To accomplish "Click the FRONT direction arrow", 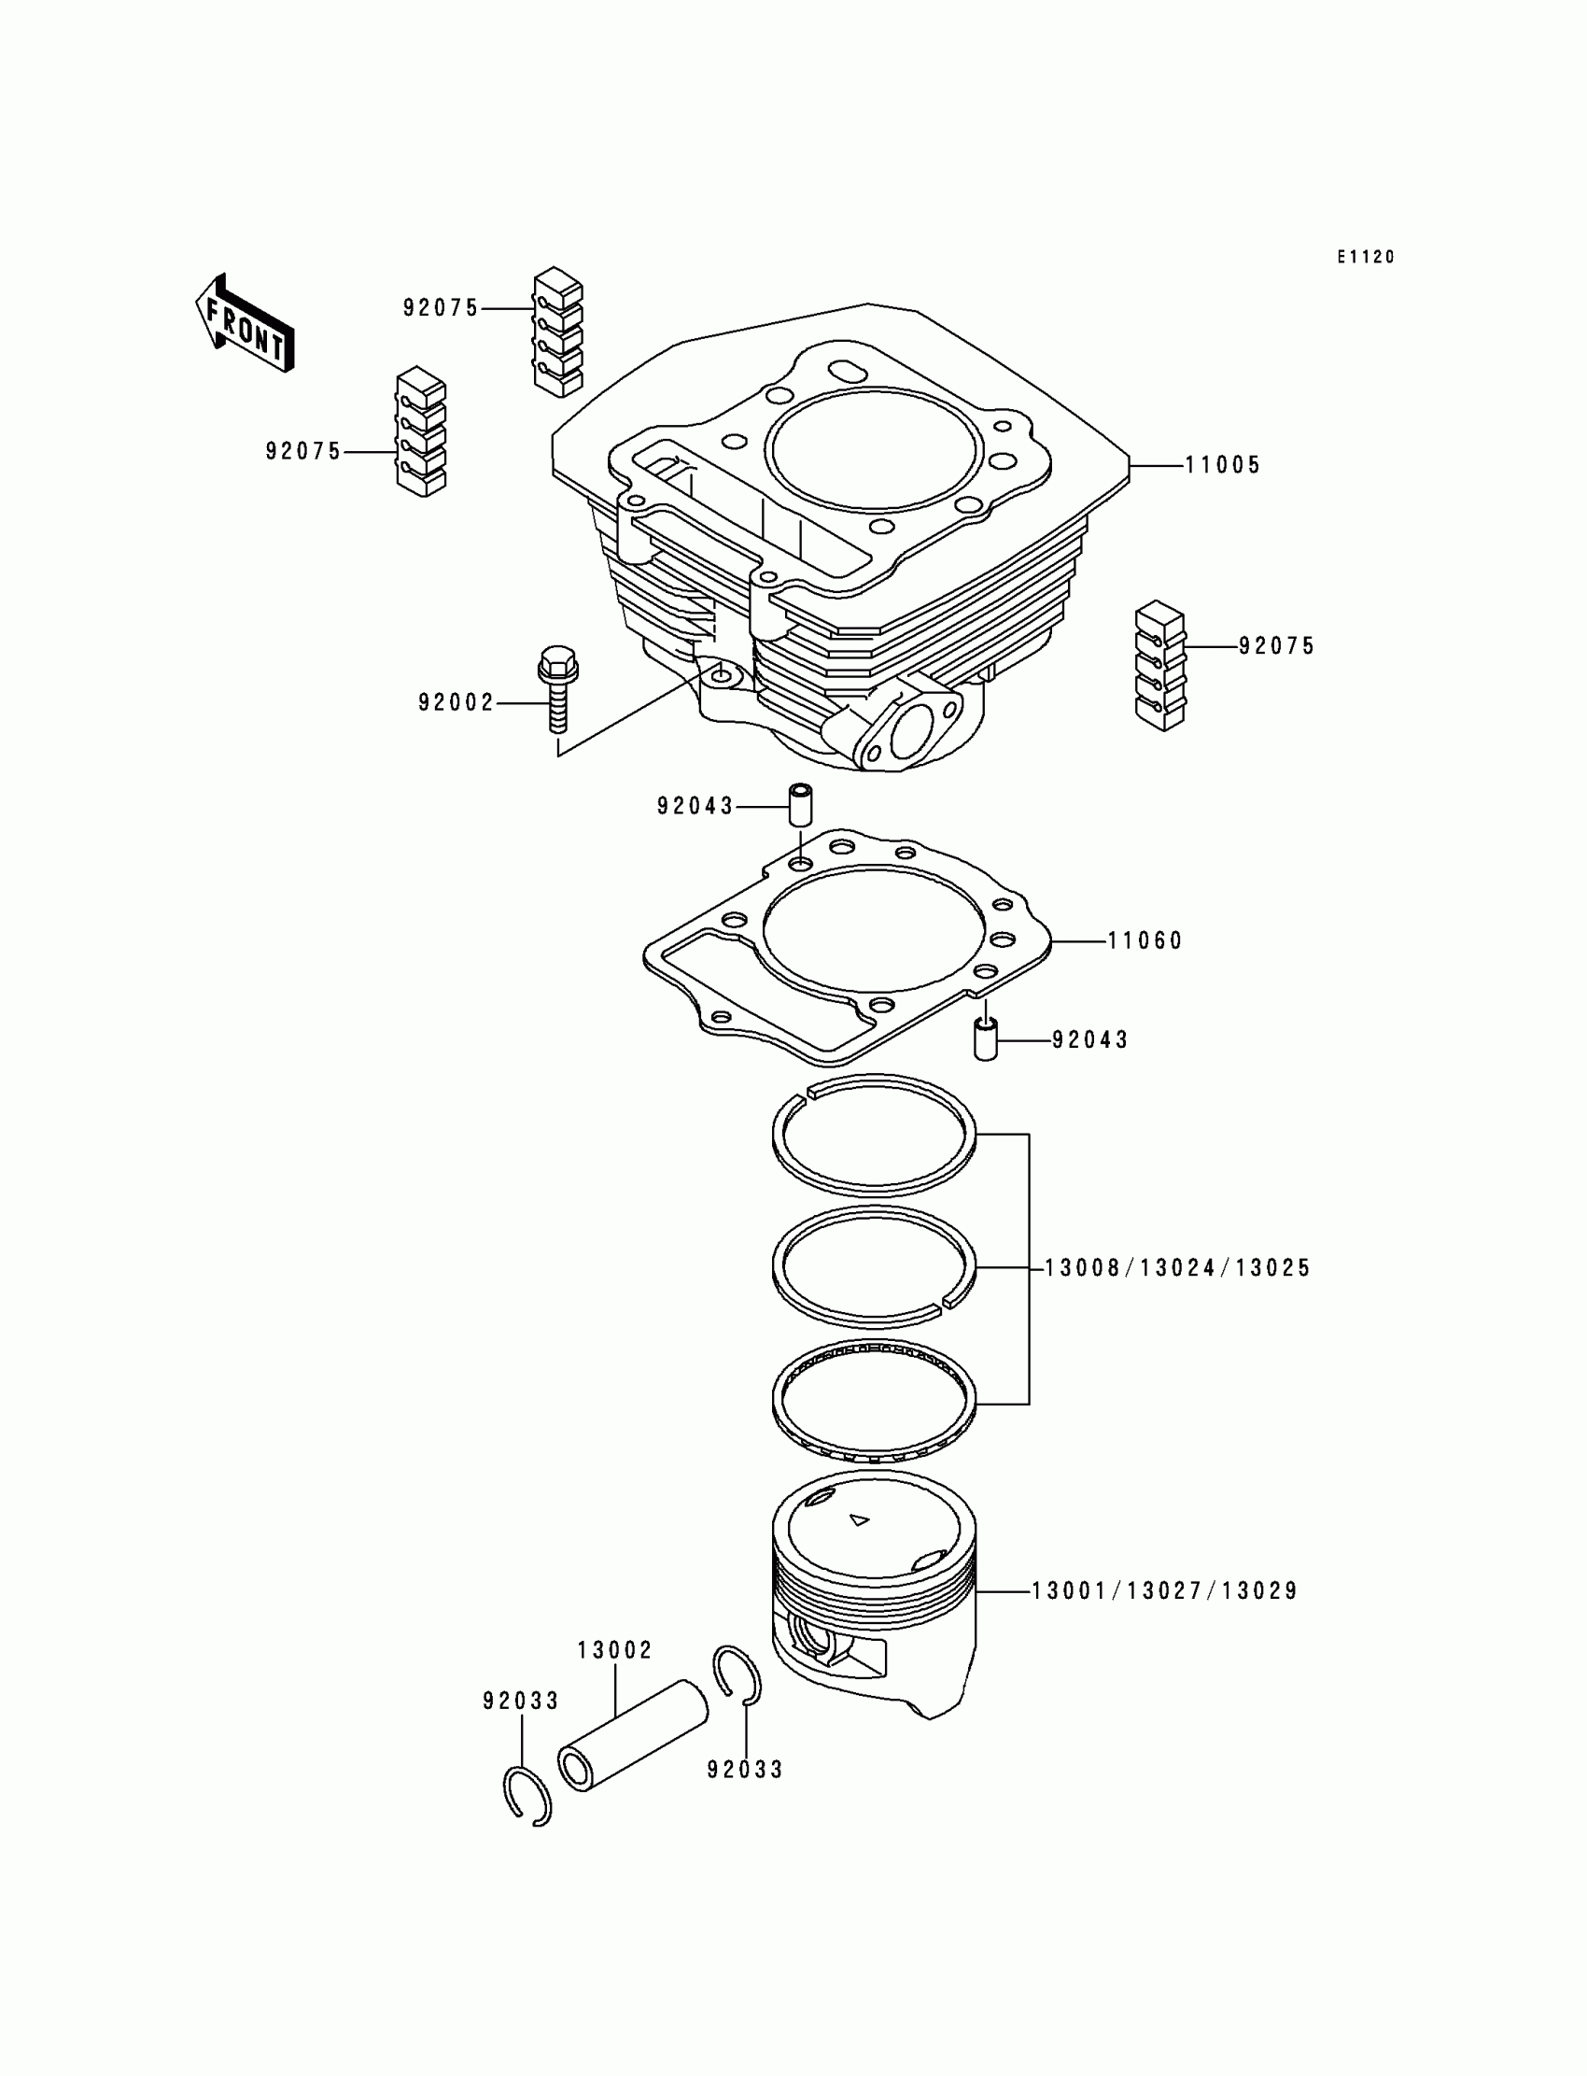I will pyautogui.click(x=245, y=323).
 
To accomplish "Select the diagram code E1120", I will pyautogui.click(x=1365, y=257).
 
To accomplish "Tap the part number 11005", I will pyautogui.click(x=1222, y=465).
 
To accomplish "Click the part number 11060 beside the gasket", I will pyautogui.click(x=1145, y=940).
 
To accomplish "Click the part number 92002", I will pyautogui.click(x=456, y=703).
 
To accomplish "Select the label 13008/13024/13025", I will pyautogui.click(x=1177, y=1268).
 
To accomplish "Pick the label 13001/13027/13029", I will pyautogui.click(x=1164, y=1591).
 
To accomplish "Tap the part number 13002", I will pyautogui.click(x=615, y=1650).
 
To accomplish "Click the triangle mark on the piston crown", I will pyautogui.click(x=859, y=1520).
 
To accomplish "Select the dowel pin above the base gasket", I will pyautogui.click(x=801, y=803).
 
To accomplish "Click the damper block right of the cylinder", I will pyautogui.click(x=1160, y=665).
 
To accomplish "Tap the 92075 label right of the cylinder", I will pyautogui.click(x=1277, y=646).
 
